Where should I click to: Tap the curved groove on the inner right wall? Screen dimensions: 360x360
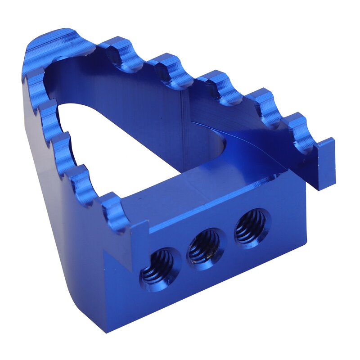[252, 148]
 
